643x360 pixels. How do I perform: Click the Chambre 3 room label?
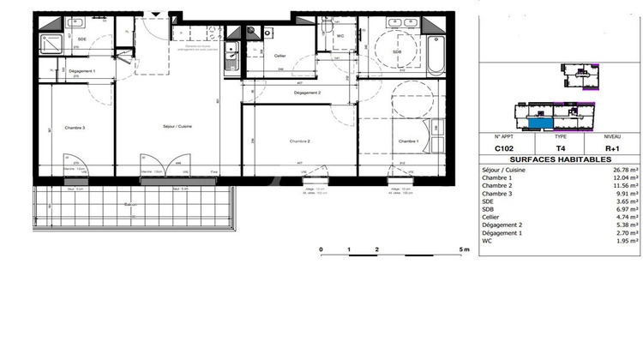pos(74,128)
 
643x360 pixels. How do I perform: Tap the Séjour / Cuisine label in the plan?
pos(178,127)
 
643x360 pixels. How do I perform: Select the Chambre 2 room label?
pos(299,141)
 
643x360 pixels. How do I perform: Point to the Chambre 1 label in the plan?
pos(407,141)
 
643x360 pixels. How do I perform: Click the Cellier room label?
pos(279,57)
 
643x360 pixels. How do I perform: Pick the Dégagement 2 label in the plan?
pos(307,93)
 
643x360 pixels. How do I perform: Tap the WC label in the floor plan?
pos(340,36)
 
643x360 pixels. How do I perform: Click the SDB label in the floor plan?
pos(397,51)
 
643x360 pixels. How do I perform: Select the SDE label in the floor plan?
pos(81,39)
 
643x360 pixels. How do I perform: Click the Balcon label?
pos(131,205)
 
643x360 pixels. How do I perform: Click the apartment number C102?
pos(503,147)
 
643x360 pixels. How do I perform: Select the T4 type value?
pos(560,147)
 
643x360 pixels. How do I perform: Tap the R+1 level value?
pos(612,147)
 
